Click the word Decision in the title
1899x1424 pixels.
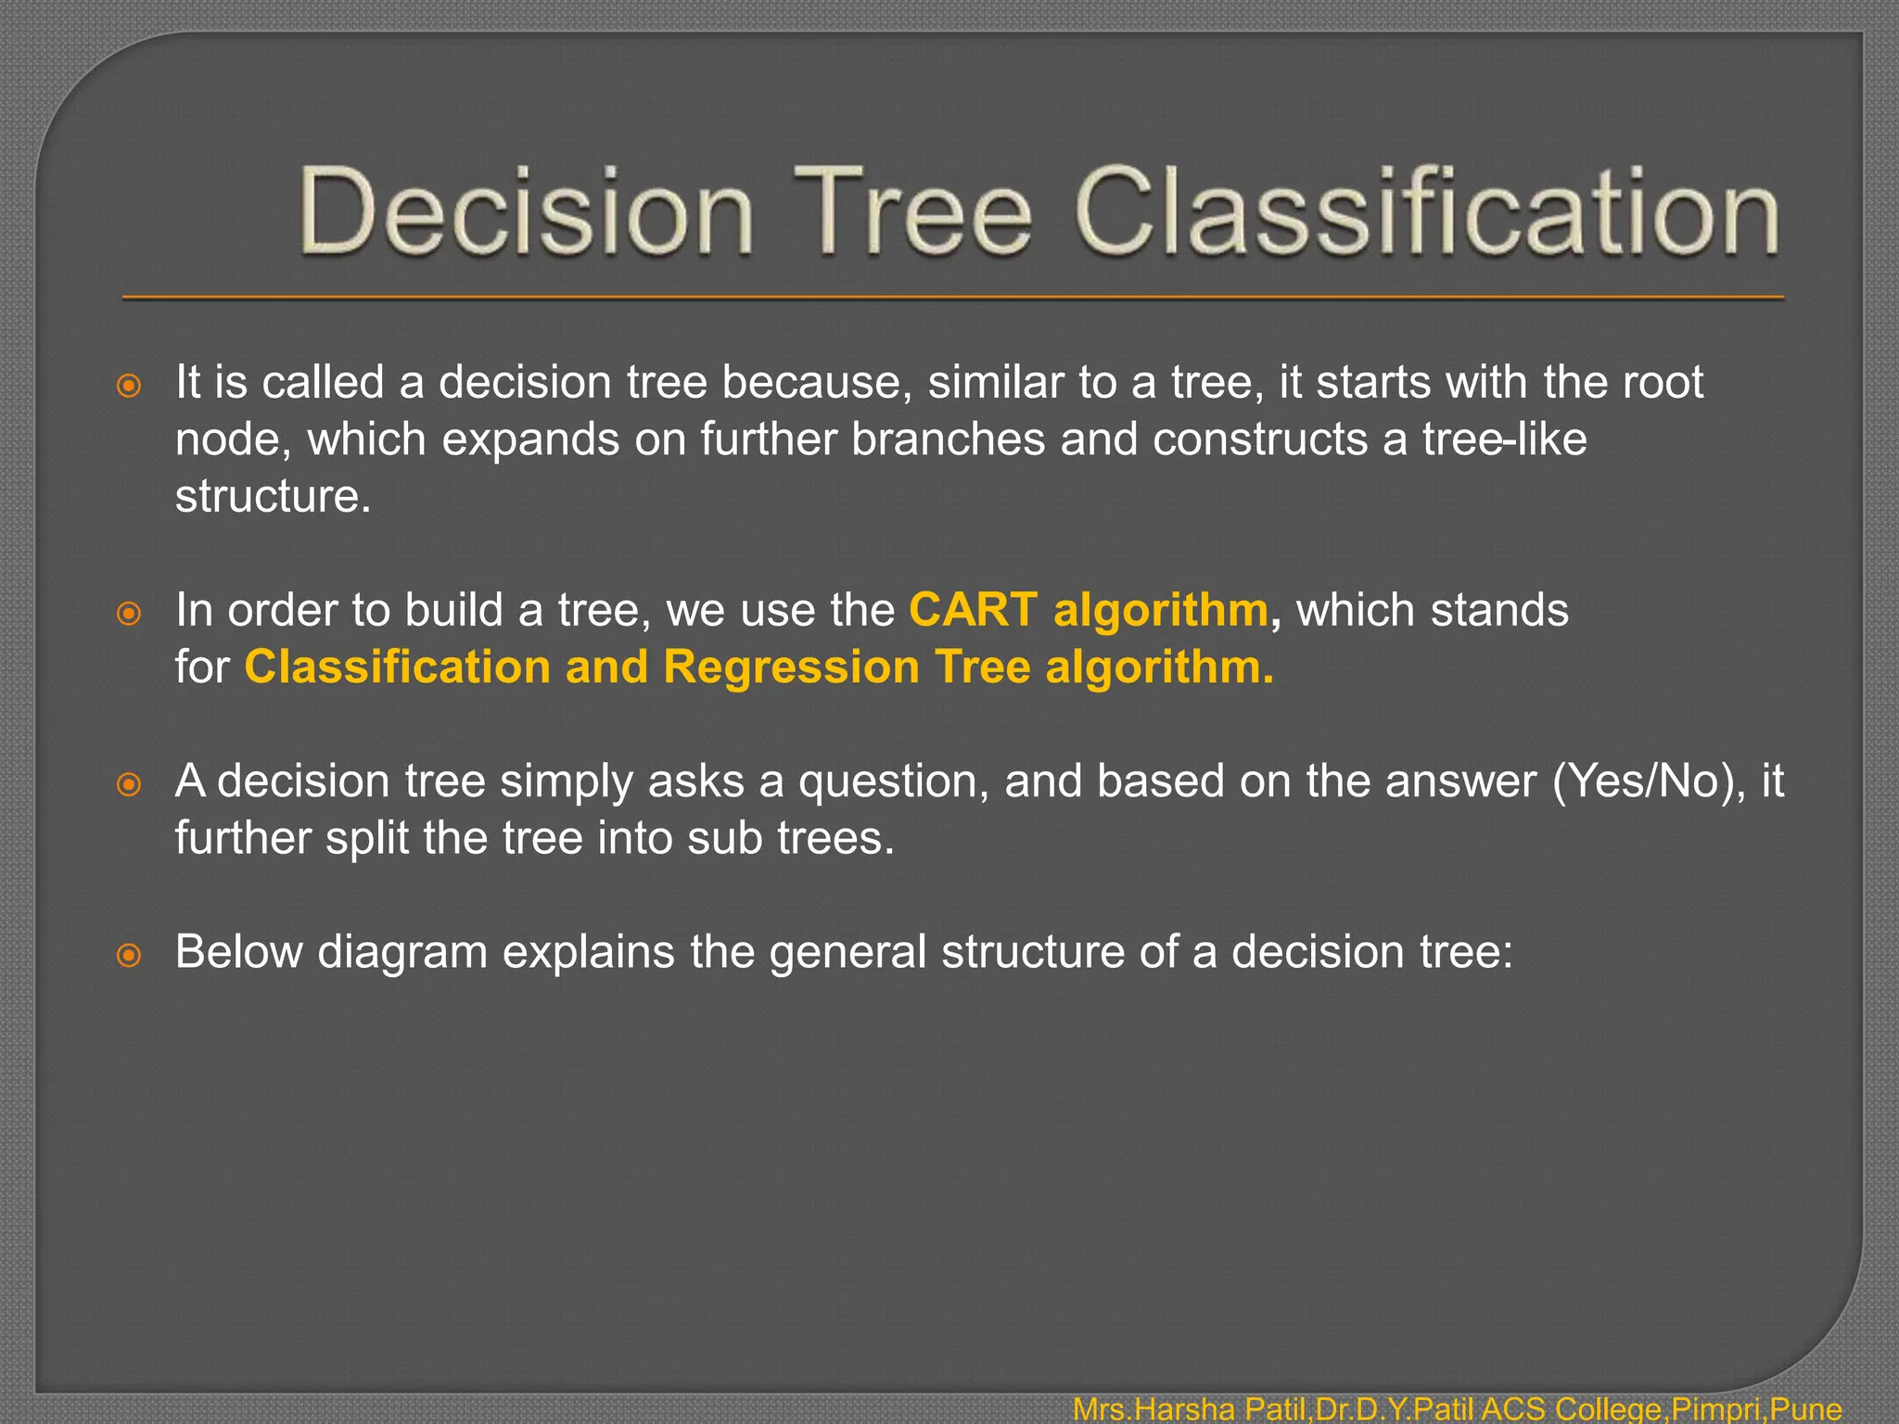tap(526, 211)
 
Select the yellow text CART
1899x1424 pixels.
tap(973, 610)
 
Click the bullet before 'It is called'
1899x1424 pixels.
tap(130, 386)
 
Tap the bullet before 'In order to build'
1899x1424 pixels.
tap(130, 613)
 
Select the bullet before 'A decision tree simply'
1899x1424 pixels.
tap(130, 784)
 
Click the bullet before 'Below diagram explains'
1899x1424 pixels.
tap(130, 955)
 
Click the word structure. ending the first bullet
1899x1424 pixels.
tap(273, 496)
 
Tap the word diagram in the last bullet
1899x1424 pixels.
tap(402, 953)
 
